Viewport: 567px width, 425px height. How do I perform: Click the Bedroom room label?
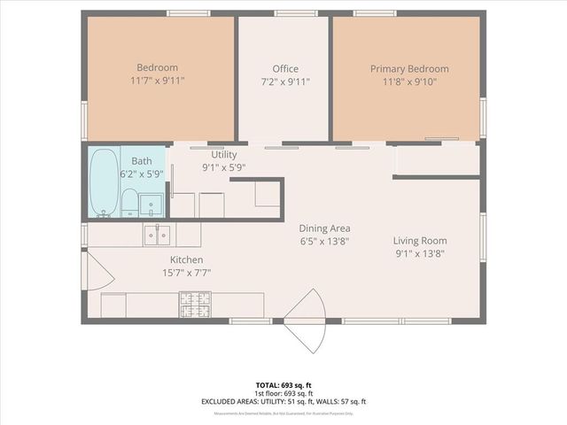click(158, 68)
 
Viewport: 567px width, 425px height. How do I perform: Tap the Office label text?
click(285, 69)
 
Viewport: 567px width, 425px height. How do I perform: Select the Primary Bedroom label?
click(409, 69)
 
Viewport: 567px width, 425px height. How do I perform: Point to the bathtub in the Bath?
click(103, 183)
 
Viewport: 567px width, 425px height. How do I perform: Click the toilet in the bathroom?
click(129, 202)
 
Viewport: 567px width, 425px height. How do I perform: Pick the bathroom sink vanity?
click(151, 202)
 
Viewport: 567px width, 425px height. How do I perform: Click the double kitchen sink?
click(158, 235)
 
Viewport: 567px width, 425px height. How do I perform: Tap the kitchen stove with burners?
click(197, 305)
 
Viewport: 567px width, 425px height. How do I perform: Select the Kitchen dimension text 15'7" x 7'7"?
click(187, 272)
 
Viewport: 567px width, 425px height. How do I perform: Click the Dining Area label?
click(324, 228)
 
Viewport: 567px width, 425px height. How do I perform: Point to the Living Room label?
click(420, 241)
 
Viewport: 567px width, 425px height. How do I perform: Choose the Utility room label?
click(223, 155)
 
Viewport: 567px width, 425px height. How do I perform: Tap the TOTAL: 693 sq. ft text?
click(283, 385)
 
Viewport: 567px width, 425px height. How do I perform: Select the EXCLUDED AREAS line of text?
click(283, 401)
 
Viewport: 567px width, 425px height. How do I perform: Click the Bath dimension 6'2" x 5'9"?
click(142, 174)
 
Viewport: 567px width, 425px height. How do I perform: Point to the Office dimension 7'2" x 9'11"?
click(285, 81)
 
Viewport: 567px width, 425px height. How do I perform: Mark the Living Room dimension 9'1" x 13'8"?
click(420, 253)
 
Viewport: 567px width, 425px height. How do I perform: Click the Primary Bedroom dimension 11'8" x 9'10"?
click(409, 81)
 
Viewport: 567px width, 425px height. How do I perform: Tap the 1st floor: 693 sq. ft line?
click(283, 393)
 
